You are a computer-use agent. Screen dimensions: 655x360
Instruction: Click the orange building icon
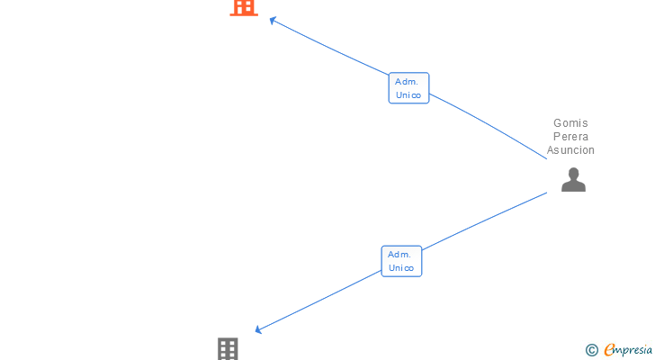pos(244,7)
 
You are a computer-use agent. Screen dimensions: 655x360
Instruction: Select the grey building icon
pos(228,349)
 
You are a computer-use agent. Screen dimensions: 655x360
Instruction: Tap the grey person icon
pos(573,180)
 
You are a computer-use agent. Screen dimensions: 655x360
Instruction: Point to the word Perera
pos(570,137)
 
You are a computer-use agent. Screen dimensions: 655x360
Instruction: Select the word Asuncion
pos(570,150)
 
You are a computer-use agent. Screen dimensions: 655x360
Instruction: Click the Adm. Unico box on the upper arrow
pos(408,88)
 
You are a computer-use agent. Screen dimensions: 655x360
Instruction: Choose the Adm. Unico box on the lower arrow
pos(401,261)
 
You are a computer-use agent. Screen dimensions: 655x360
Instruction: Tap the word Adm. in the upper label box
pos(407,82)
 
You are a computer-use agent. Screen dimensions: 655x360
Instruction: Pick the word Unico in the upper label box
pos(408,95)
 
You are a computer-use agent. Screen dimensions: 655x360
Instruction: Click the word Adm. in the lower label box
pos(399,255)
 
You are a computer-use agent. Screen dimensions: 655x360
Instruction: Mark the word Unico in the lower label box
pos(401,268)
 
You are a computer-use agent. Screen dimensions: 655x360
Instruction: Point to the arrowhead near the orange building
pos(274,21)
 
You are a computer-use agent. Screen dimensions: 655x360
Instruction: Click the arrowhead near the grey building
pos(260,330)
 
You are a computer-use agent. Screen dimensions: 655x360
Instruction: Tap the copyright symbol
pos(591,350)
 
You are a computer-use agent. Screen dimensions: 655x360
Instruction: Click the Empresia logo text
pos(629,350)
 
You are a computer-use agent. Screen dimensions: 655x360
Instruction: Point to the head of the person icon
pos(573,173)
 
